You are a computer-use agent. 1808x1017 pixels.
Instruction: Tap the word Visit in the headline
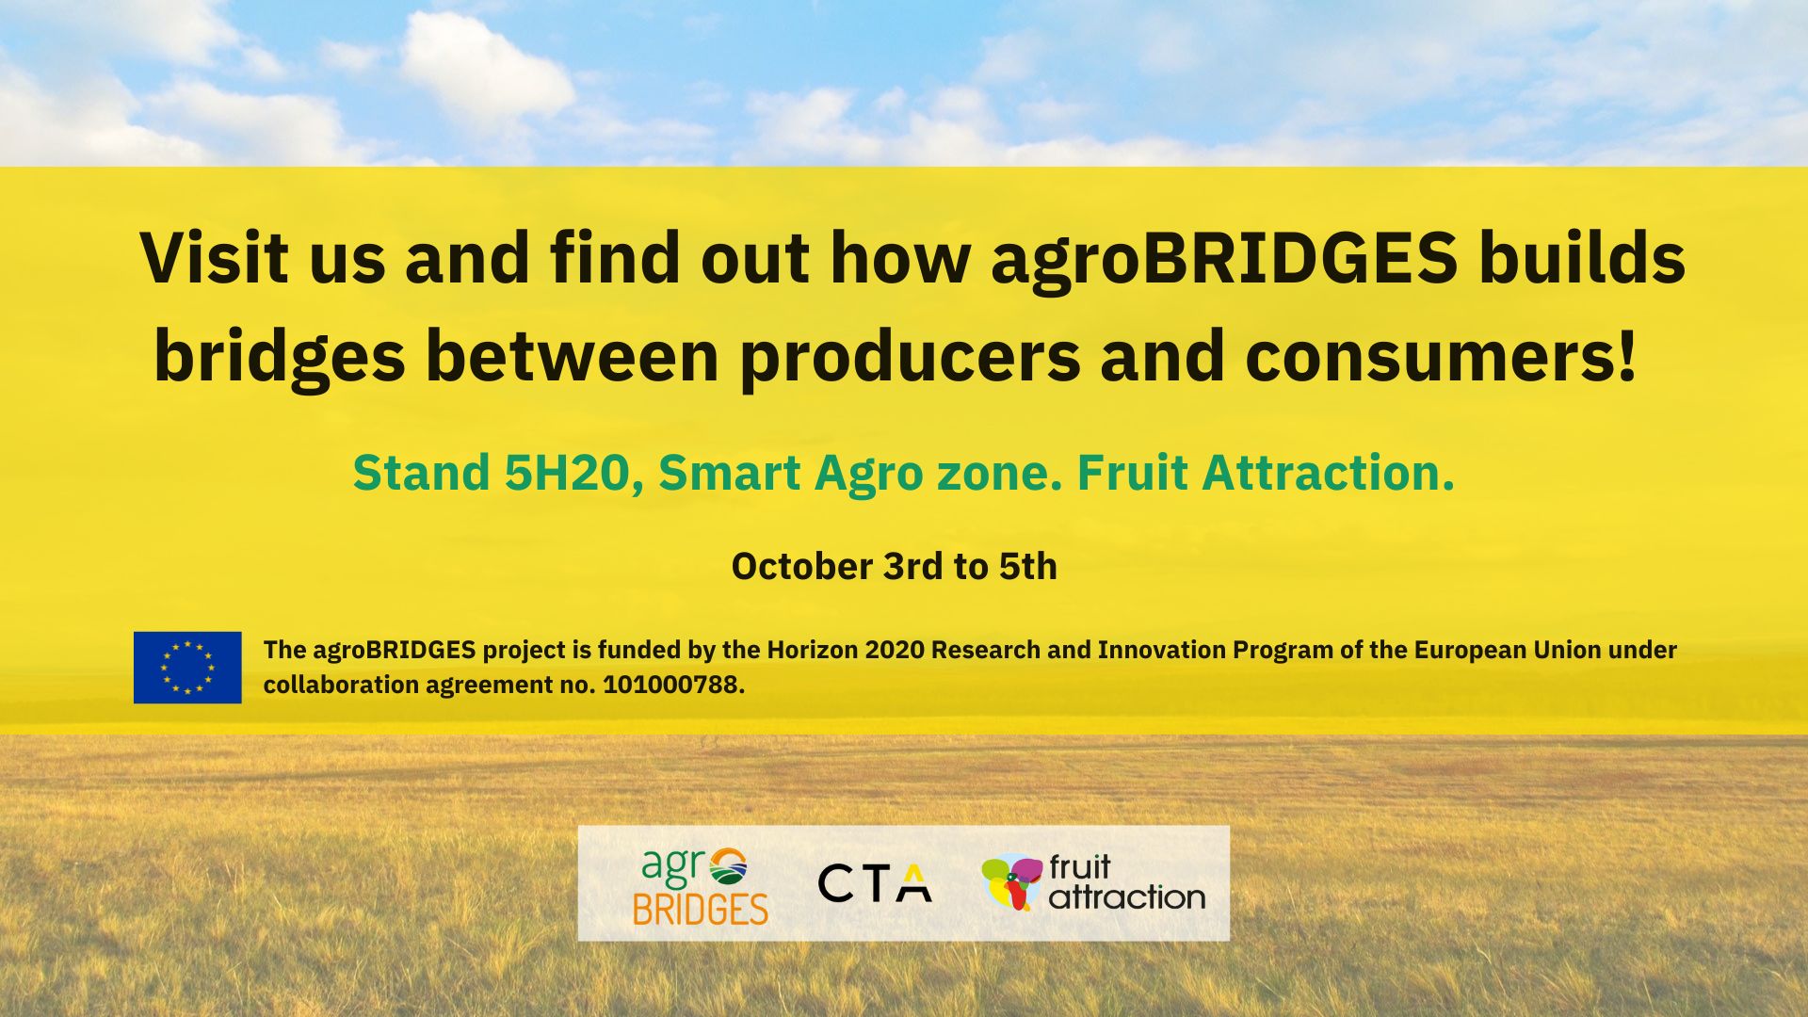click(x=214, y=256)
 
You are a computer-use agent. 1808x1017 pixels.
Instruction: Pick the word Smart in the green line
click(x=729, y=473)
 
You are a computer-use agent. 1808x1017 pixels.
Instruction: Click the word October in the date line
click(x=802, y=567)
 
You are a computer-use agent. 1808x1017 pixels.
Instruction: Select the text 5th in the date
click(x=1028, y=567)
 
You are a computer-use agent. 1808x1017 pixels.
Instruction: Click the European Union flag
click(x=187, y=668)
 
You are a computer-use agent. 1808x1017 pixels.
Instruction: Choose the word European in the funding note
click(x=1470, y=651)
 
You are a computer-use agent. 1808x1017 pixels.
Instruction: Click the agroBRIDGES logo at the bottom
click(x=700, y=885)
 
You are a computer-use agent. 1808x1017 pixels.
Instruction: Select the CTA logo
click(x=875, y=883)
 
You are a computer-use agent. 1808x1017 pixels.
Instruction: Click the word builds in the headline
click(x=1582, y=256)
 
